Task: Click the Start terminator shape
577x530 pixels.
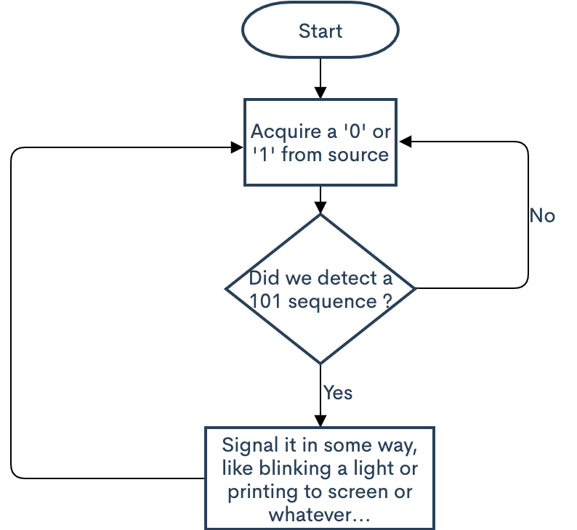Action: pos(320,32)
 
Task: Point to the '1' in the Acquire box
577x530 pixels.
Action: pos(266,154)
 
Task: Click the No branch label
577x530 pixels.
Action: pos(542,216)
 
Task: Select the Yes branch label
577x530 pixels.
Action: pos(338,393)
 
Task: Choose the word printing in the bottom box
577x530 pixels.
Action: pos(260,492)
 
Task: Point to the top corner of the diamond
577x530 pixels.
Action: pos(320,214)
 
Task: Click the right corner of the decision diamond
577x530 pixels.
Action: pos(415,289)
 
